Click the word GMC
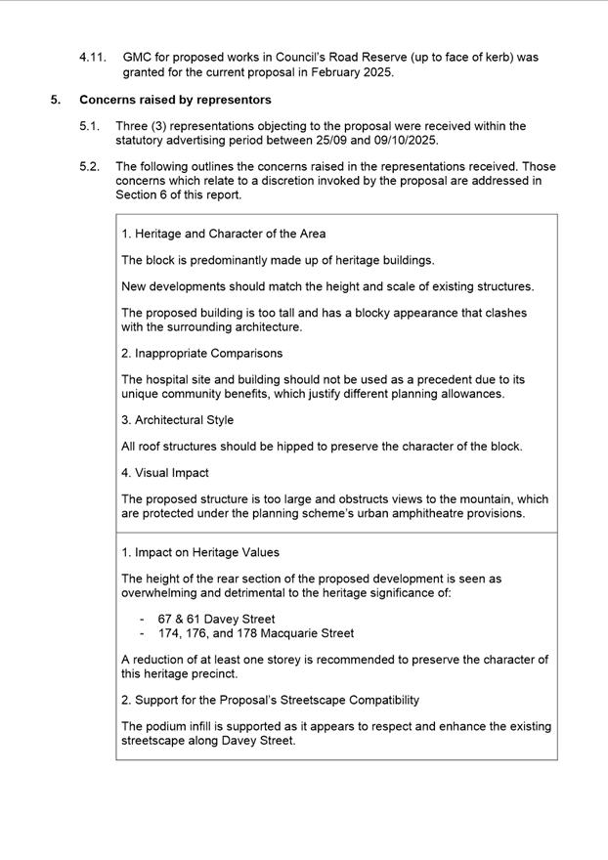tap(138, 58)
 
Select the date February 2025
tap(347, 72)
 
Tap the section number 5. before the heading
tap(56, 100)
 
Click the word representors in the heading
tap(235, 100)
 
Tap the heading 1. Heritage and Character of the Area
tap(224, 234)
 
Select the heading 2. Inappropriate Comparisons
tap(202, 353)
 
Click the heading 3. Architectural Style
tap(178, 419)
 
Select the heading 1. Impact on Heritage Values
tap(200, 552)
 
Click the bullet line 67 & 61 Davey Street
tap(216, 619)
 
